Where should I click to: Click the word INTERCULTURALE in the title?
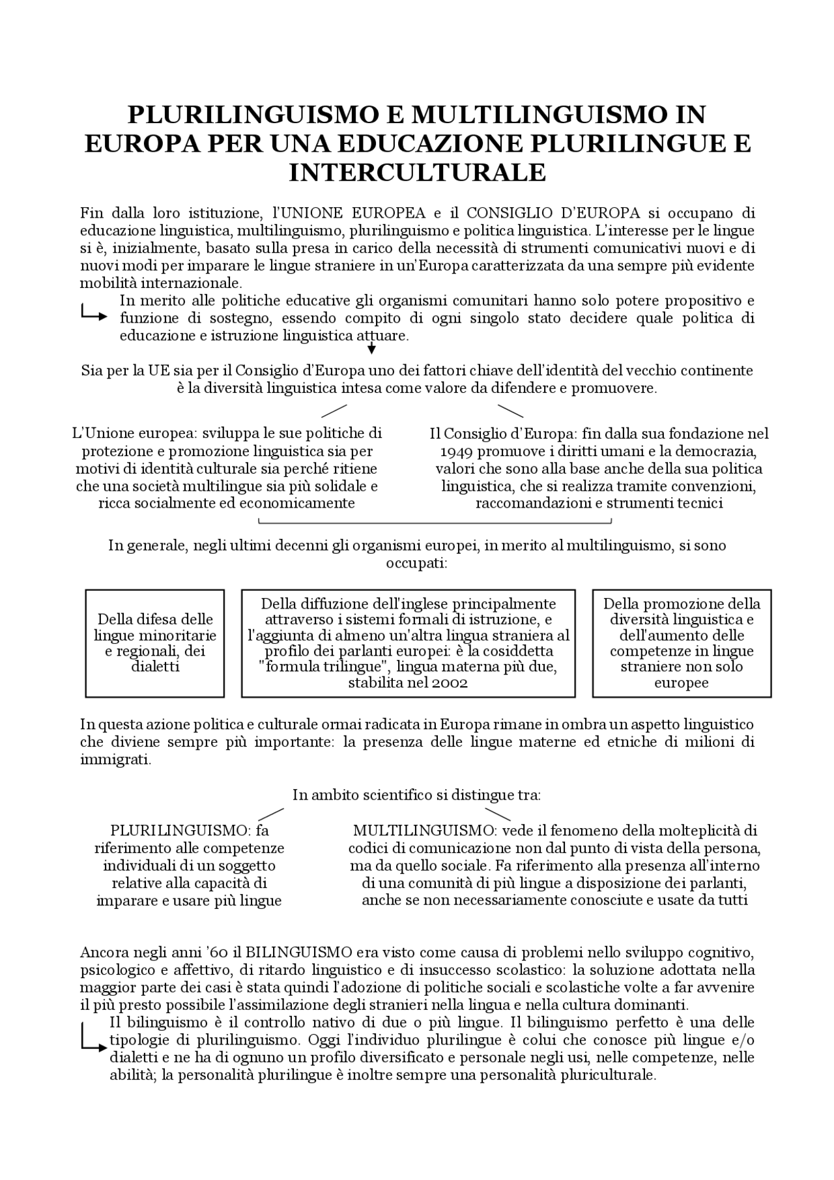point(417,173)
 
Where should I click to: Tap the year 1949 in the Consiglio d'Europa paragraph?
point(455,452)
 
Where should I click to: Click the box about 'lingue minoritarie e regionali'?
point(155,643)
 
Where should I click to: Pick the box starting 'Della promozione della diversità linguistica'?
point(682,643)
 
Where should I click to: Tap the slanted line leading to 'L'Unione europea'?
point(334,410)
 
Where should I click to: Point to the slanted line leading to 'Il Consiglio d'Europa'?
point(510,410)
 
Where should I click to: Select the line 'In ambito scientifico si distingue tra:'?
point(417,795)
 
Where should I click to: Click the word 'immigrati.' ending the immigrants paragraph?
point(115,760)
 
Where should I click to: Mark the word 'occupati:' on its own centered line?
point(417,562)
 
